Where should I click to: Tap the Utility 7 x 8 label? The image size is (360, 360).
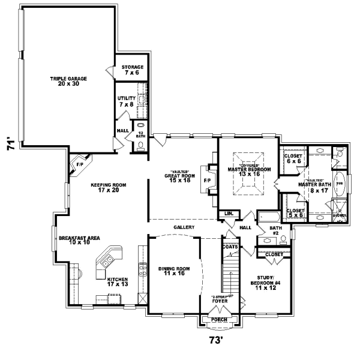click(127, 101)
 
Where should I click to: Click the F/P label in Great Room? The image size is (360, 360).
click(207, 180)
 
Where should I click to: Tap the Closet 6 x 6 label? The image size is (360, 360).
click(293, 159)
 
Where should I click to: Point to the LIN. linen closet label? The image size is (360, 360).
click(229, 214)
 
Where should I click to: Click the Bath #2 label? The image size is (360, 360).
click(275, 231)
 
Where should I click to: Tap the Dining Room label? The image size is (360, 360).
click(174, 271)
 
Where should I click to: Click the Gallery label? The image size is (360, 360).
click(183, 228)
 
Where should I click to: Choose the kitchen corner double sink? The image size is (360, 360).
click(108, 262)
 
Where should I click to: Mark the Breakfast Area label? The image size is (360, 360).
click(79, 241)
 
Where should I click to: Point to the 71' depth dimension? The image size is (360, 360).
click(11, 145)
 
